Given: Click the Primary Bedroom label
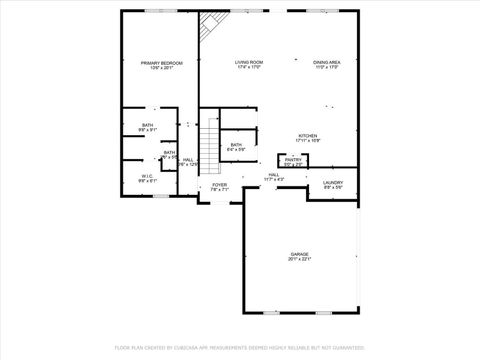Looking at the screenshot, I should tap(161, 63).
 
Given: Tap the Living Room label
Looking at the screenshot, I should tap(248, 62).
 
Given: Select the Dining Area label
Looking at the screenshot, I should tap(326, 62).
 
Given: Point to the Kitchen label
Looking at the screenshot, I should tap(308, 136).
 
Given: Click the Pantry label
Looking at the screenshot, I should tap(293, 159).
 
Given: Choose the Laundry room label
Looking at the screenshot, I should tap(333, 183).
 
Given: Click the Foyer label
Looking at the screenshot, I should tap(219, 185).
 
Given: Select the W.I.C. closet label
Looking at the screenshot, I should tap(146, 177).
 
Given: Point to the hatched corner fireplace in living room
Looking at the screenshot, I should tap(209, 26).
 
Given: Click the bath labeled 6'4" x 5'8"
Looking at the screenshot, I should tap(236, 149).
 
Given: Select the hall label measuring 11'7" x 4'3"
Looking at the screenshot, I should tap(274, 178).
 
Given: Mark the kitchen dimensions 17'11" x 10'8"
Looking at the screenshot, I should tap(308, 141).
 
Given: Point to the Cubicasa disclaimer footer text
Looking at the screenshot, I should tap(240, 347).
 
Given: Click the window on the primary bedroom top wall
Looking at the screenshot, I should tap(160, 11).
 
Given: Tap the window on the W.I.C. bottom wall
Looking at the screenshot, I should tap(160, 196).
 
